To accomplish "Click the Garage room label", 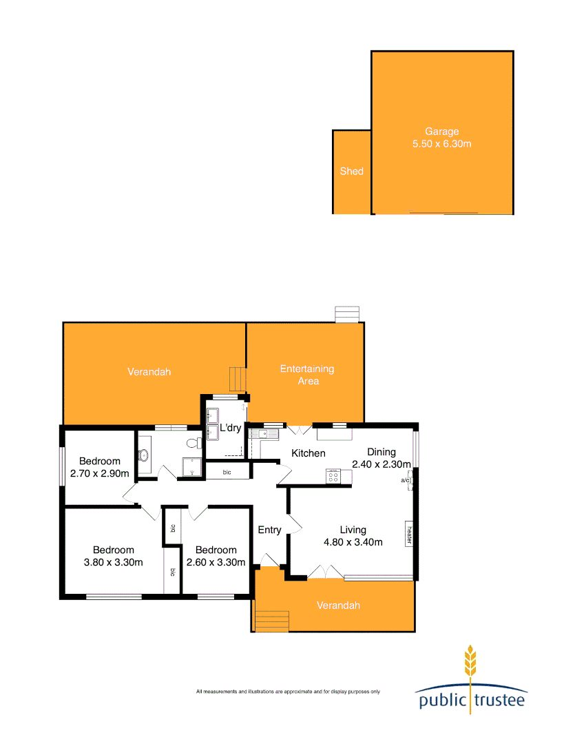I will (441, 132).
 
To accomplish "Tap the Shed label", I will (351, 171).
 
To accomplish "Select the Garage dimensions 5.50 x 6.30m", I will (441, 144).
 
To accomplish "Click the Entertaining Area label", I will (306, 375).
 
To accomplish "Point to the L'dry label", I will (230, 428).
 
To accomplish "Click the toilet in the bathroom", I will (143, 455).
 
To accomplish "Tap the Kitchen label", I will (308, 453).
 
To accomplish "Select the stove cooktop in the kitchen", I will (333, 475).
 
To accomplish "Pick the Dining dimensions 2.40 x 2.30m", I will (381, 464).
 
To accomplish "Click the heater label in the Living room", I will (409, 533).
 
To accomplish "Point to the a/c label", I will (406, 480).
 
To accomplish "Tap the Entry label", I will (269, 530).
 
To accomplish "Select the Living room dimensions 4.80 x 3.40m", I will (353, 541).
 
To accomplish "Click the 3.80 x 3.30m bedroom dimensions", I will (114, 561).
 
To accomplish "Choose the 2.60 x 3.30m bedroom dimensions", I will (216, 561).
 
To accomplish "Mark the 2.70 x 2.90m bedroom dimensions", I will (99, 474).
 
